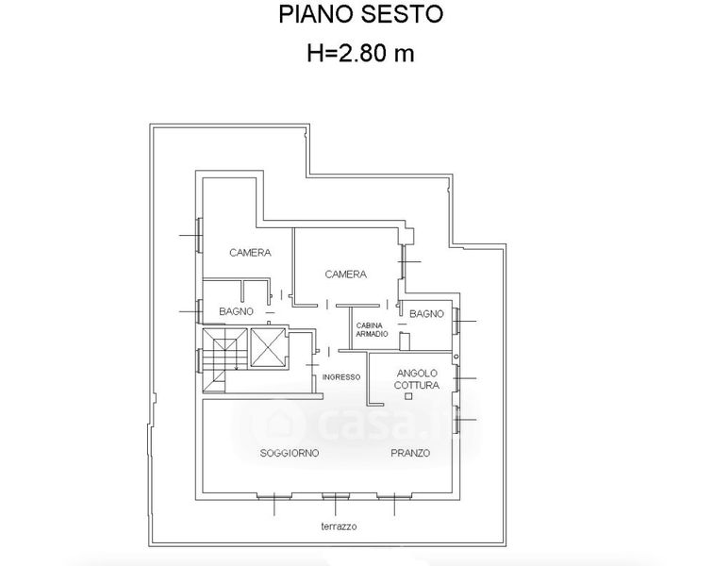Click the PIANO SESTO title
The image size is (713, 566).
(x=360, y=14)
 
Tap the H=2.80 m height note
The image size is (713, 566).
(x=360, y=53)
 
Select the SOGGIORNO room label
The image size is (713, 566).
(x=290, y=453)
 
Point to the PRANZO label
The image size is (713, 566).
(x=410, y=453)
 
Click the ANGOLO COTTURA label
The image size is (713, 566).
(x=417, y=379)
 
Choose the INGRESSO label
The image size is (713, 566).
(x=341, y=377)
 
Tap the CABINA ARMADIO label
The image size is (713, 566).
(x=372, y=330)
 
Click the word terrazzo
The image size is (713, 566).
(x=339, y=526)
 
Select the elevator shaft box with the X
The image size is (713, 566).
(x=268, y=347)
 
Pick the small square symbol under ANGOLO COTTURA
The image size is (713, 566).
(x=408, y=396)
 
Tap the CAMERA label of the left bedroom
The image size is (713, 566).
(x=250, y=253)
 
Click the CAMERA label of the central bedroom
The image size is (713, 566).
(x=345, y=275)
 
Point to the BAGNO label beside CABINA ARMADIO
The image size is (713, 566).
(x=426, y=314)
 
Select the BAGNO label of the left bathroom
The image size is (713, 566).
(x=236, y=311)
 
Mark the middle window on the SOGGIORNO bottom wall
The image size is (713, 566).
(x=336, y=496)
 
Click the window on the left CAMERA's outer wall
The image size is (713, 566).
(x=199, y=235)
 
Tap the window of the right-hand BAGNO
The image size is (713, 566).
(x=456, y=321)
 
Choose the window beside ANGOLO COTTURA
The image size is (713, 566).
(x=456, y=378)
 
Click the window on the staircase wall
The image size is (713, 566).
(x=199, y=360)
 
